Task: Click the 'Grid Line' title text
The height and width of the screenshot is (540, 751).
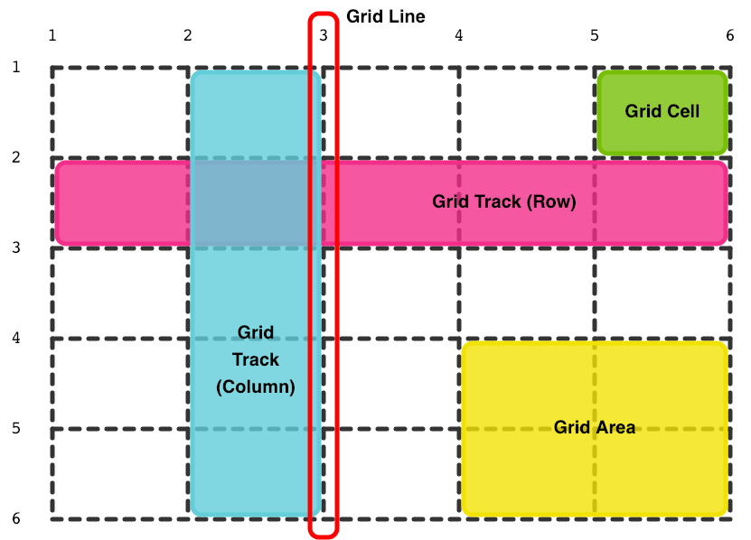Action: pyautogui.click(x=385, y=16)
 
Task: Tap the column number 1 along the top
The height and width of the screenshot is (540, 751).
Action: pyautogui.click(x=52, y=36)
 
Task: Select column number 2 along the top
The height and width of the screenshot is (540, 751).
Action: pyautogui.click(x=188, y=36)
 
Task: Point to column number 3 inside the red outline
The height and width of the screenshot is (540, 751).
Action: pyautogui.click(x=324, y=36)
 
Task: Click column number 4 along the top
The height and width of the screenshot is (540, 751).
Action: pyautogui.click(x=459, y=36)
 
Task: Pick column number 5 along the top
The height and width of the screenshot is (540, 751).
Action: pyautogui.click(x=595, y=36)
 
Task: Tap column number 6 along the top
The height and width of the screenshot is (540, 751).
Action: pyautogui.click(x=729, y=36)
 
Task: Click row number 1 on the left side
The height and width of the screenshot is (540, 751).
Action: pyautogui.click(x=14, y=67)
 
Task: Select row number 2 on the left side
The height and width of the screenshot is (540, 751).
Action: pyautogui.click(x=14, y=157)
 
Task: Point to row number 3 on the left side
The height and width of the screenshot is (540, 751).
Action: pyautogui.click(x=14, y=247)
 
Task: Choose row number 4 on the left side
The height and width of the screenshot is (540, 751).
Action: pyautogui.click(x=14, y=338)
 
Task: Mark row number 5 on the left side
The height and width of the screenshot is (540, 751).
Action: pyautogui.click(x=14, y=428)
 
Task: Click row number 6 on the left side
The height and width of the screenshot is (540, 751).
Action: pyautogui.click(x=14, y=518)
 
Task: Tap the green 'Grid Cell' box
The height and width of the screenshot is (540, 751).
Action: pyautogui.click(x=662, y=111)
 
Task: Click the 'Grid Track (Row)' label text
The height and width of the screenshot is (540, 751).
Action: pyautogui.click(x=503, y=201)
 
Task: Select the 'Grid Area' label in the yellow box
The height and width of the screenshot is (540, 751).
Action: pyautogui.click(x=595, y=427)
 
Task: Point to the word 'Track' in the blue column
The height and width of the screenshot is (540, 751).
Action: pyautogui.click(x=256, y=359)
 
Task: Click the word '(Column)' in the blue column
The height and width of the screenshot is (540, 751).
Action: pyautogui.click(x=256, y=386)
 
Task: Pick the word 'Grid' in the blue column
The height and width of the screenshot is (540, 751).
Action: pyautogui.click(x=256, y=332)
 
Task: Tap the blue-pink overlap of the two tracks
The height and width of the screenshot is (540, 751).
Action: pyautogui.click(x=256, y=202)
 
